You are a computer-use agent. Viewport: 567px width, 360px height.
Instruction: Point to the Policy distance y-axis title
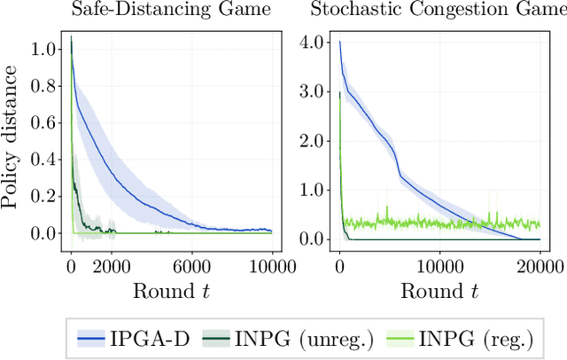click(11, 142)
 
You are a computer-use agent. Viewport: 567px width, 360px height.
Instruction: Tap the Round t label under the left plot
click(172, 290)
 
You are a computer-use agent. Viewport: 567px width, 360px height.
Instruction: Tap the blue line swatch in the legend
click(97, 337)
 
